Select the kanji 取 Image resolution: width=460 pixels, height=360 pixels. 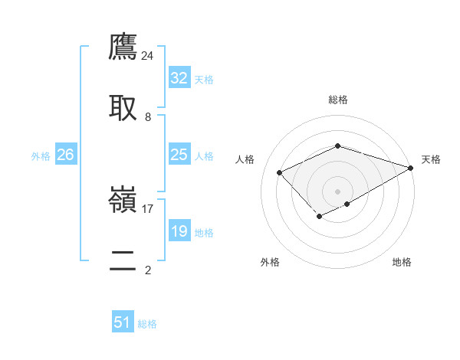point(123,107)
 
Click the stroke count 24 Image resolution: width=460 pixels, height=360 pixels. point(148,55)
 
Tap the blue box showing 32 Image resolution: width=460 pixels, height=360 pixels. point(179,78)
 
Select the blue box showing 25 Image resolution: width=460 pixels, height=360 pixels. point(179,155)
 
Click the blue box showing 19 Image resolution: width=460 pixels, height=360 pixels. point(179,231)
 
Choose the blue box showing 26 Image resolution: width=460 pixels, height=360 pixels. point(65,155)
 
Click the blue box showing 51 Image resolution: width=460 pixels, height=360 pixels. point(123,323)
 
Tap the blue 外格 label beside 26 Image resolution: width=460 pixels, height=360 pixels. point(41,156)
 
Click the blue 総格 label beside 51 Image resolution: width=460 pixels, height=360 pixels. point(147,325)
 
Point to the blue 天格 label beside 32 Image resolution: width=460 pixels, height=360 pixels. point(204,80)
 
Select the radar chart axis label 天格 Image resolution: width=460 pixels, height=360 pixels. point(431,159)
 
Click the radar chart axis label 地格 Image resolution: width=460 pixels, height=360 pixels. point(402,262)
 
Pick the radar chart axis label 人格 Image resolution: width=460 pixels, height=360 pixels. point(245,159)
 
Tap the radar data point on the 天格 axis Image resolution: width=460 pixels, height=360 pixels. point(411,167)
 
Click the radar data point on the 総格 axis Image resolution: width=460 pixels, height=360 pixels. point(337,145)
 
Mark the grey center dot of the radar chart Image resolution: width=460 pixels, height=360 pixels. point(337,191)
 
